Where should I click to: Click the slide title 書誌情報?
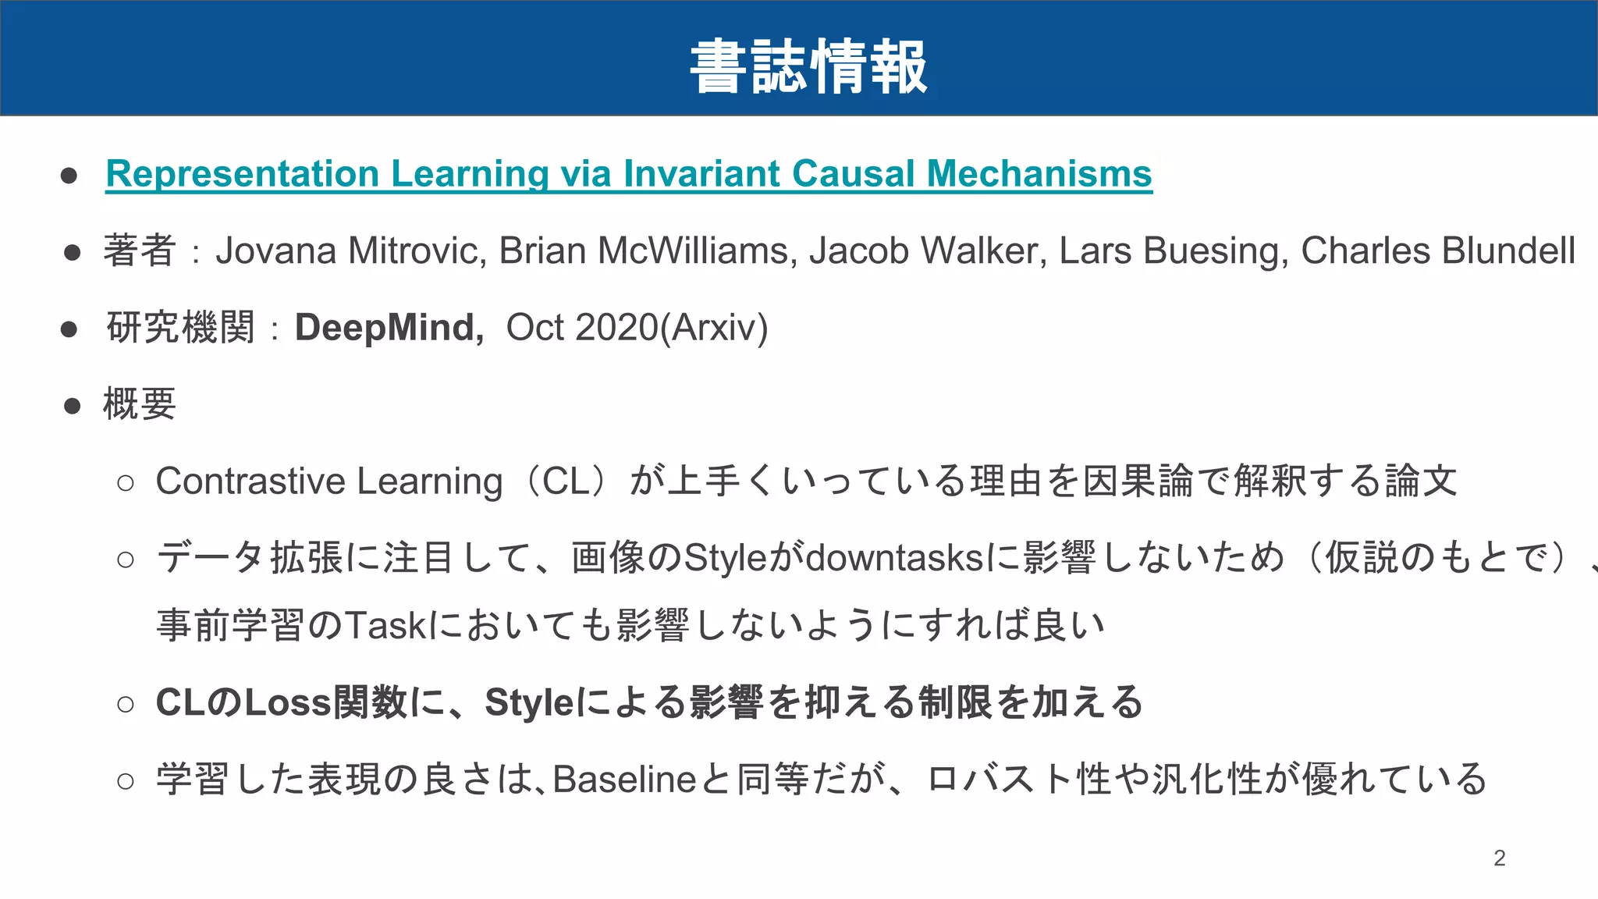pyautogui.click(x=808, y=67)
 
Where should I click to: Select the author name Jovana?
pyautogui.click(x=275, y=251)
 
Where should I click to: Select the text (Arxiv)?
pyautogui.click(x=714, y=327)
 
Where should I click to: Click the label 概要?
pyautogui.click(x=140, y=404)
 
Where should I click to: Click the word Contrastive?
pyautogui.click(x=250, y=481)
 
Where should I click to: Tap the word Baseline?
pyautogui.click(x=624, y=779)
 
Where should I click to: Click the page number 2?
pyautogui.click(x=1499, y=858)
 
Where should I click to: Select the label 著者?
pyautogui.click(x=140, y=251)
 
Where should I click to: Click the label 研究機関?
pyautogui.click(x=180, y=327)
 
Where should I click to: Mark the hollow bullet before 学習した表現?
pyautogui.click(x=125, y=780)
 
